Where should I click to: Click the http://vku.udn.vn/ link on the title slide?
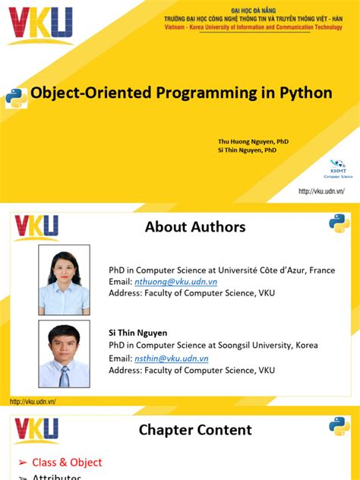click(x=321, y=191)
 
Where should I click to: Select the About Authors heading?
click(x=195, y=226)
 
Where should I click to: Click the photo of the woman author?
click(x=64, y=279)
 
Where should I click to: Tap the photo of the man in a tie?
click(x=64, y=355)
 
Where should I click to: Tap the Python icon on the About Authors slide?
click(x=338, y=223)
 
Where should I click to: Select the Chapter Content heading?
click(x=195, y=430)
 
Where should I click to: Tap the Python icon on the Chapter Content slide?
click(x=338, y=426)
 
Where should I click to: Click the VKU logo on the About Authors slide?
click(x=36, y=227)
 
